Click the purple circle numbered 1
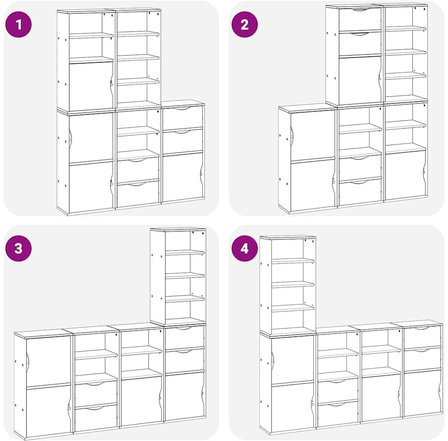18,24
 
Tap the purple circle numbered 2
245,24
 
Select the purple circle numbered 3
18,248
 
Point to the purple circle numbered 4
245,248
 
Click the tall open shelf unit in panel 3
178,276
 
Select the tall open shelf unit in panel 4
288,285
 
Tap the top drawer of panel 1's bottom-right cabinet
183,118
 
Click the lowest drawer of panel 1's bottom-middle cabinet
138,193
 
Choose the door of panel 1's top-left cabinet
91,86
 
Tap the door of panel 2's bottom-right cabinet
405,175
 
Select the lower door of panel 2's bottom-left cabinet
313,185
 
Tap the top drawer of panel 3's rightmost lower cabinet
184,338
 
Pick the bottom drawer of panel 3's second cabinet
96,417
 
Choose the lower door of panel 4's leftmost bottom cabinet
293,408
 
